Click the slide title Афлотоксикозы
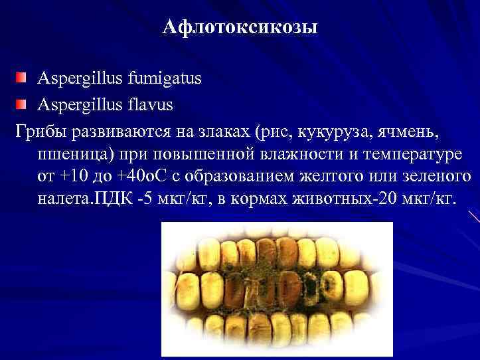[x=240, y=29]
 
